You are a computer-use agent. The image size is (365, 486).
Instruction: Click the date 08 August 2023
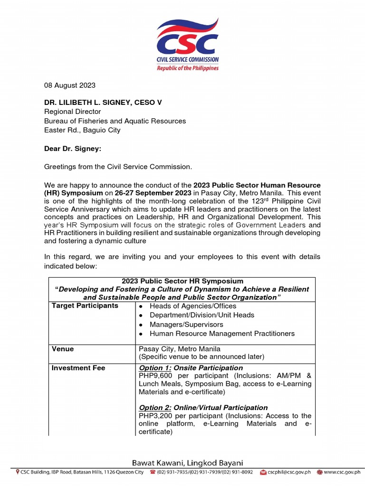coord(70,85)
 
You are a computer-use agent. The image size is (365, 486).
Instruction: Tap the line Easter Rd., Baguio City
coord(82,130)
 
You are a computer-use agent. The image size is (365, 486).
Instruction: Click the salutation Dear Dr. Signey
coord(73,149)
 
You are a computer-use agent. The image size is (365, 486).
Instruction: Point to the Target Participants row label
coord(85,306)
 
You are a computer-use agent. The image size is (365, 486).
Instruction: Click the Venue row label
coord(63,349)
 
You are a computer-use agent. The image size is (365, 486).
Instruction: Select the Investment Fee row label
coord(78,368)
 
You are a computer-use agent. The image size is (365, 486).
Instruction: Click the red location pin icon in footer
coord(18,472)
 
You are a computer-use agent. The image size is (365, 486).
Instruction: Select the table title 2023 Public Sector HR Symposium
coord(182,281)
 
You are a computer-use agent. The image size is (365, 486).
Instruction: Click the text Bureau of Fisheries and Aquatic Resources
coord(115,121)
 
